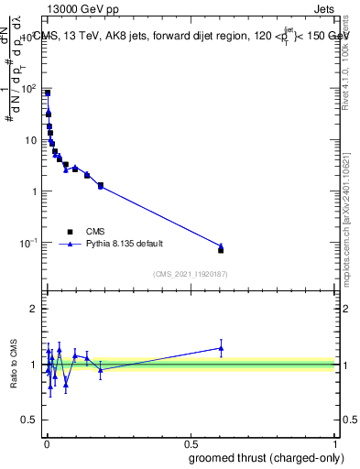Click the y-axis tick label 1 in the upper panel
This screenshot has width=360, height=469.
point(33,191)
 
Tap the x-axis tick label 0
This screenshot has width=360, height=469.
point(46,442)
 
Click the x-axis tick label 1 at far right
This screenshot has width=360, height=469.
point(336,442)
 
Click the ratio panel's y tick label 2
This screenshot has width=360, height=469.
point(33,309)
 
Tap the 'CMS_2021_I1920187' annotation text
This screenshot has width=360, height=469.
point(191,273)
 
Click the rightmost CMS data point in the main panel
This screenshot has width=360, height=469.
point(221,250)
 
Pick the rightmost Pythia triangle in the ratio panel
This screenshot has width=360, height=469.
point(221,348)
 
